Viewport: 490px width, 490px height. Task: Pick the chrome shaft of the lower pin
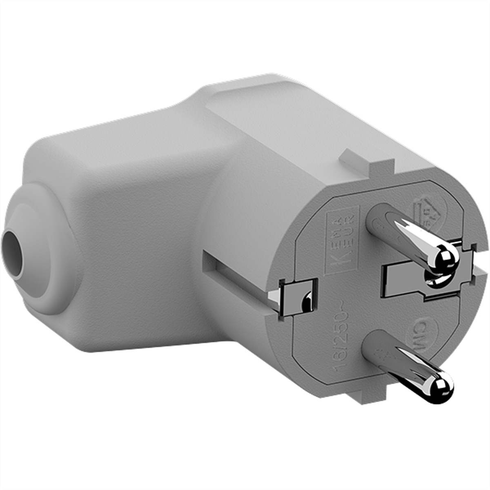coord(412,367)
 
